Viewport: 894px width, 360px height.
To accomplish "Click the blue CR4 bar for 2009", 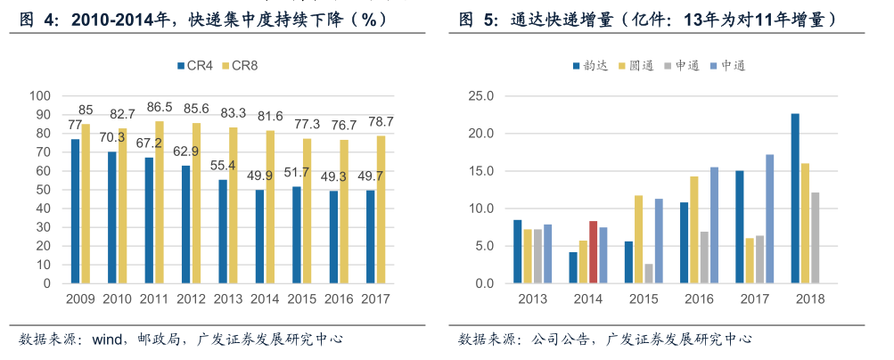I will pyautogui.click(x=76, y=211).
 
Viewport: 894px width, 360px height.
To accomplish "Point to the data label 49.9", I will pyautogui.click(x=259, y=175).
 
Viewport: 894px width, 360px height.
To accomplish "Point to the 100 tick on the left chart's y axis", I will pyautogui.click(x=40, y=95).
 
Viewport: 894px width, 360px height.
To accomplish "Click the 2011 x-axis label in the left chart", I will pyautogui.click(x=153, y=299).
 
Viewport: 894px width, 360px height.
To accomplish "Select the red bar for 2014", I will pyautogui.click(x=594, y=252).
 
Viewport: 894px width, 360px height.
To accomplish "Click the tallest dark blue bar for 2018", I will pyautogui.click(x=794, y=198).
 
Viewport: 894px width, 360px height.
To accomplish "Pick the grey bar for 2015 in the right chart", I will pyautogui.click(x=649, y=274).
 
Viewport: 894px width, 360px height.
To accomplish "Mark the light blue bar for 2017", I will pyautogui.click(x=769, y=218).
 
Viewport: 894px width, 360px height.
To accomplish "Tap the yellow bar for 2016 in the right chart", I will pyautogui.click(x=693, y=230).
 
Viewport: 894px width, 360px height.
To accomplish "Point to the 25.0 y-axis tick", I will pyautogui.click(x=481, y=95).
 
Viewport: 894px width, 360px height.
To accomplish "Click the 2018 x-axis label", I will pyautogui.click(x=810, y=299).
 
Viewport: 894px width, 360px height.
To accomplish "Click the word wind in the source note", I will pyautogui.click(x=108, y=340).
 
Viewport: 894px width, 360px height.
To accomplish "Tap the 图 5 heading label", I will pyautogui.click(x=477, y=20).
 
